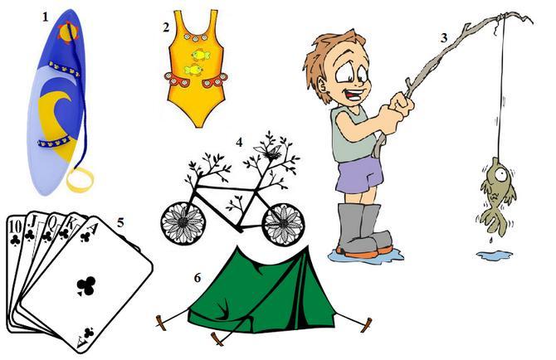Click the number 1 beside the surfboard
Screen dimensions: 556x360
[x=45, y=17]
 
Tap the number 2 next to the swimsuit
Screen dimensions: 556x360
[x=166, y=27]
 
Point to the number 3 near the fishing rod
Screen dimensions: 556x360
[x=444, y=37]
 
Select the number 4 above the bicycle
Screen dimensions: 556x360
[x=239, y=143]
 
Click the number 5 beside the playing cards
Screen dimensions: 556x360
[x=121, y=223]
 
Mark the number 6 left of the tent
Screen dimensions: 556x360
[x=198, y=278]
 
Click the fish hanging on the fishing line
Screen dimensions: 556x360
[x=497, y=197]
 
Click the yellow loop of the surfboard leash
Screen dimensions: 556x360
[x=80, y=179]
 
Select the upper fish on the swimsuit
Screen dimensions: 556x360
[x=200, y=55]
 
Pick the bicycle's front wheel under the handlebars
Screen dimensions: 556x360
[x=283, y=224]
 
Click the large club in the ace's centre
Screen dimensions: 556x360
[x=86, y=285]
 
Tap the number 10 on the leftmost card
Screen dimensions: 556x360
[x=16, y=226]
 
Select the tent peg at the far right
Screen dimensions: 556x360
[x=366, y=325]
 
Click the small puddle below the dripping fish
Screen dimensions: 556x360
[x=495, y=255]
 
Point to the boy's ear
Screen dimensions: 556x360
[x=323, y=85]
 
